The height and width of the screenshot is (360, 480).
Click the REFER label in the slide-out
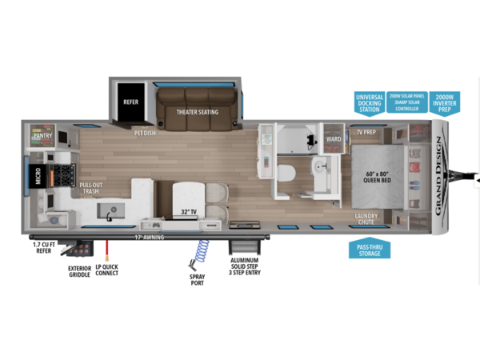tap(131, 103)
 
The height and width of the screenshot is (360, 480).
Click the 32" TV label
tap(189, 212)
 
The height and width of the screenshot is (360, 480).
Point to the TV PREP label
tap(367, 131)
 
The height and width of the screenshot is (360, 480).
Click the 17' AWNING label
tap(148, 236)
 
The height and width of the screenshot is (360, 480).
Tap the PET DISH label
tap(145, 133)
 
